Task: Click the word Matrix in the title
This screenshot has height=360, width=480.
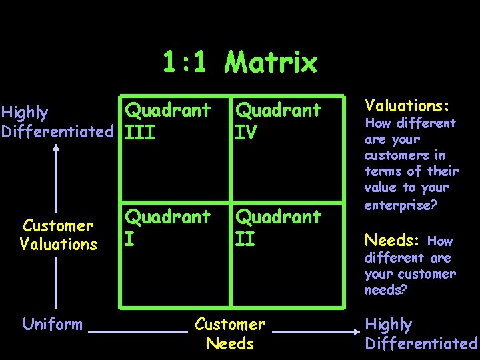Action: click(271, 63)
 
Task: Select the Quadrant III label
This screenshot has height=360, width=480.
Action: click(167, 120)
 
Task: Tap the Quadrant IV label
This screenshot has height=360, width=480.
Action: click(278, 120)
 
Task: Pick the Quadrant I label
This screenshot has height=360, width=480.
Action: click(167, 227)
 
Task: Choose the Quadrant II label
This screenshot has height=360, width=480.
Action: click(278, 227)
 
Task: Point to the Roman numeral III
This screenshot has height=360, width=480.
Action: click(140, 132)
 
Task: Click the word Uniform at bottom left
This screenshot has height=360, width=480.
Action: click(53, 325)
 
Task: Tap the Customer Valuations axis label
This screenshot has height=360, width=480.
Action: click(58, 235)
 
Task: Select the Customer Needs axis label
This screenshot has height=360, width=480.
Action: click(230, 334)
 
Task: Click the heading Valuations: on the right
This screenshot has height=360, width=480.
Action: click(407, 106)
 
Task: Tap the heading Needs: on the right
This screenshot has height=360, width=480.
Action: click(393, 241)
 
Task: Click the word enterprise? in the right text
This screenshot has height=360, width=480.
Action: click(401, 205)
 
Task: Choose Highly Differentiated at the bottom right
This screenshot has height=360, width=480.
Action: click(421, 334)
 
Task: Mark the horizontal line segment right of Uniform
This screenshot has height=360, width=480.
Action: click(138, 330)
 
